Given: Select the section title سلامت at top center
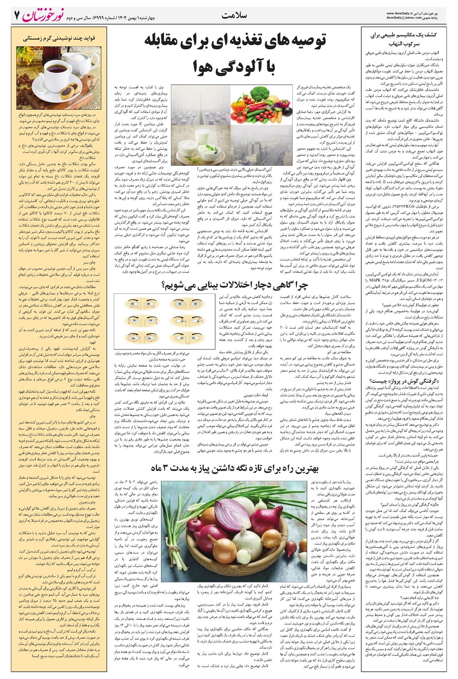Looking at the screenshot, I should click(233, 15).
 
